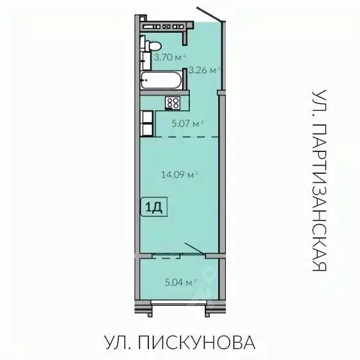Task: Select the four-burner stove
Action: click(173, 102)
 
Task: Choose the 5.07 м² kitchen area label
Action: click(187, 123)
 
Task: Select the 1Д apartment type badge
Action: click(154, 207)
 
